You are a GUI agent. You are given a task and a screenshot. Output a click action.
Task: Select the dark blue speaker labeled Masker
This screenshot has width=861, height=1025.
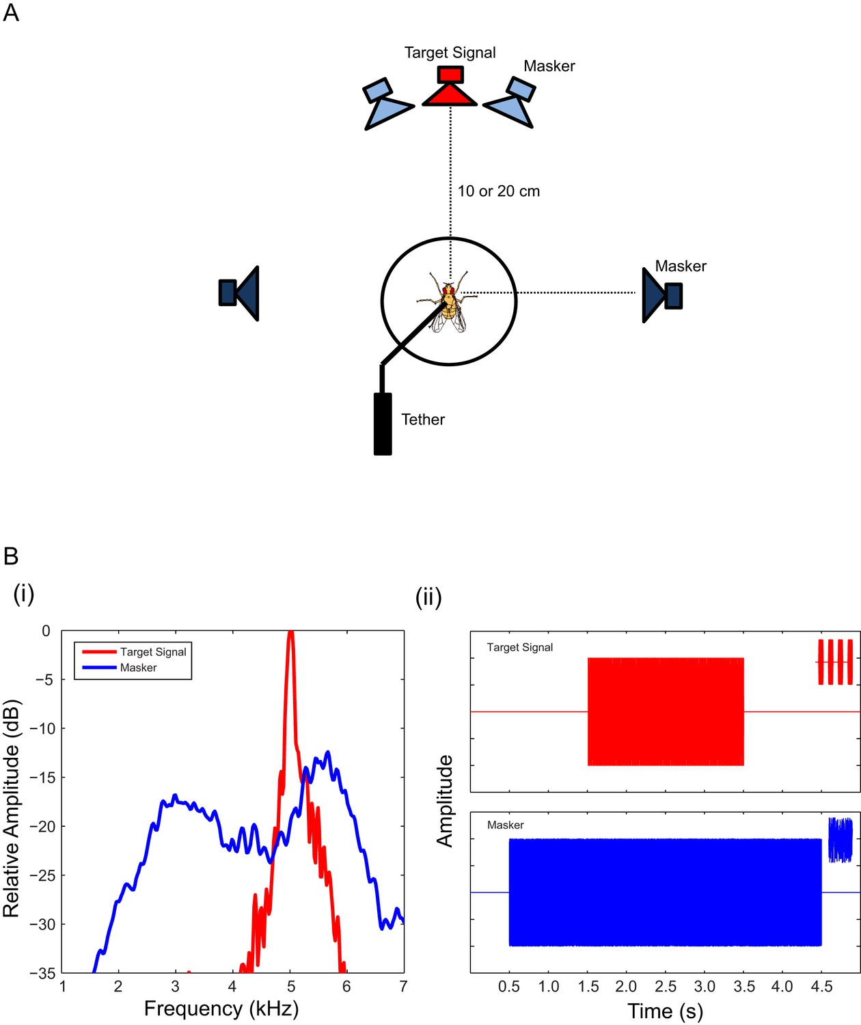tap(661, 295)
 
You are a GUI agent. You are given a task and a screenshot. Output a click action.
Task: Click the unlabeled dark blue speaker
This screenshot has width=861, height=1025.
tap(239, 293)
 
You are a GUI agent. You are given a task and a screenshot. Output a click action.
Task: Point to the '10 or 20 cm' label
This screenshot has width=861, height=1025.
tap(499, 191)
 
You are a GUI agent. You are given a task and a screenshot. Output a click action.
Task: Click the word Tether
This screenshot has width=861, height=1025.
tap(423, 420)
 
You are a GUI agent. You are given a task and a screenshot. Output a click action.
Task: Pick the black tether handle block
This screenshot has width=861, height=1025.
tap(383, 424)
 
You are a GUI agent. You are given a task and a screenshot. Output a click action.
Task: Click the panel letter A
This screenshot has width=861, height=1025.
tap(11, 13)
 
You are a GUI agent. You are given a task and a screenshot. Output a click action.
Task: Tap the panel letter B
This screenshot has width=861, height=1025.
tap(11, 556)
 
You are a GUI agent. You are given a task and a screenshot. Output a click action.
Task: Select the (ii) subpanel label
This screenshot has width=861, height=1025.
tap(428, 597)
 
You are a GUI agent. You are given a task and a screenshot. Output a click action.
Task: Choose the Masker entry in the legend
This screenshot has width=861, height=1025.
tap(120, 668)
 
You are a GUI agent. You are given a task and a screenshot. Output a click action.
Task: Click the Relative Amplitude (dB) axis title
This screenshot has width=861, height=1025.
tap(11, 808)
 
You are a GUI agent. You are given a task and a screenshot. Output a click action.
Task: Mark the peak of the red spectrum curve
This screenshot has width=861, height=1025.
tap(290, 631)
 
